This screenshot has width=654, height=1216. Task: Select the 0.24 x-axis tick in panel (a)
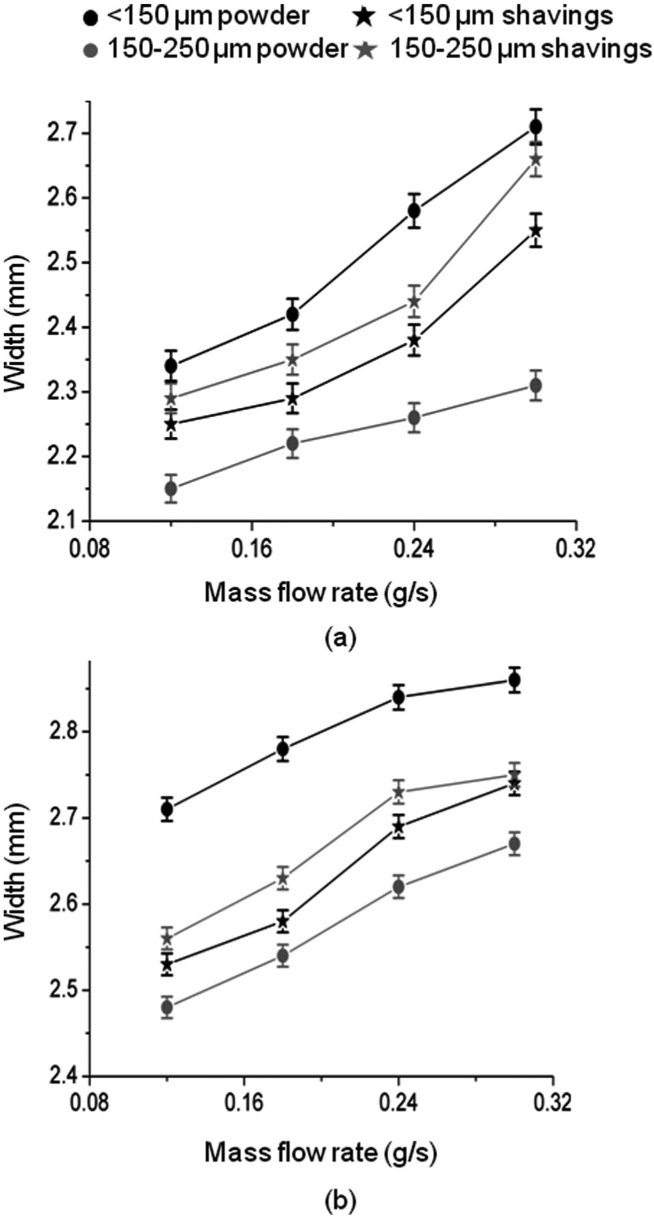tap(414, 548)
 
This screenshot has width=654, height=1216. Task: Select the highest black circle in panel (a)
tap(536, 127)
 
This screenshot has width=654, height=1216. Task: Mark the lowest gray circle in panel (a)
tap(171, 489)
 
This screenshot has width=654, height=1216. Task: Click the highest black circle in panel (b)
tap(514, 680)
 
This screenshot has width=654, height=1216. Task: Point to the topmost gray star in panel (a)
tap(536, 159)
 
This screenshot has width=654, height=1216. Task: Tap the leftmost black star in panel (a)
tap(171, 424)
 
